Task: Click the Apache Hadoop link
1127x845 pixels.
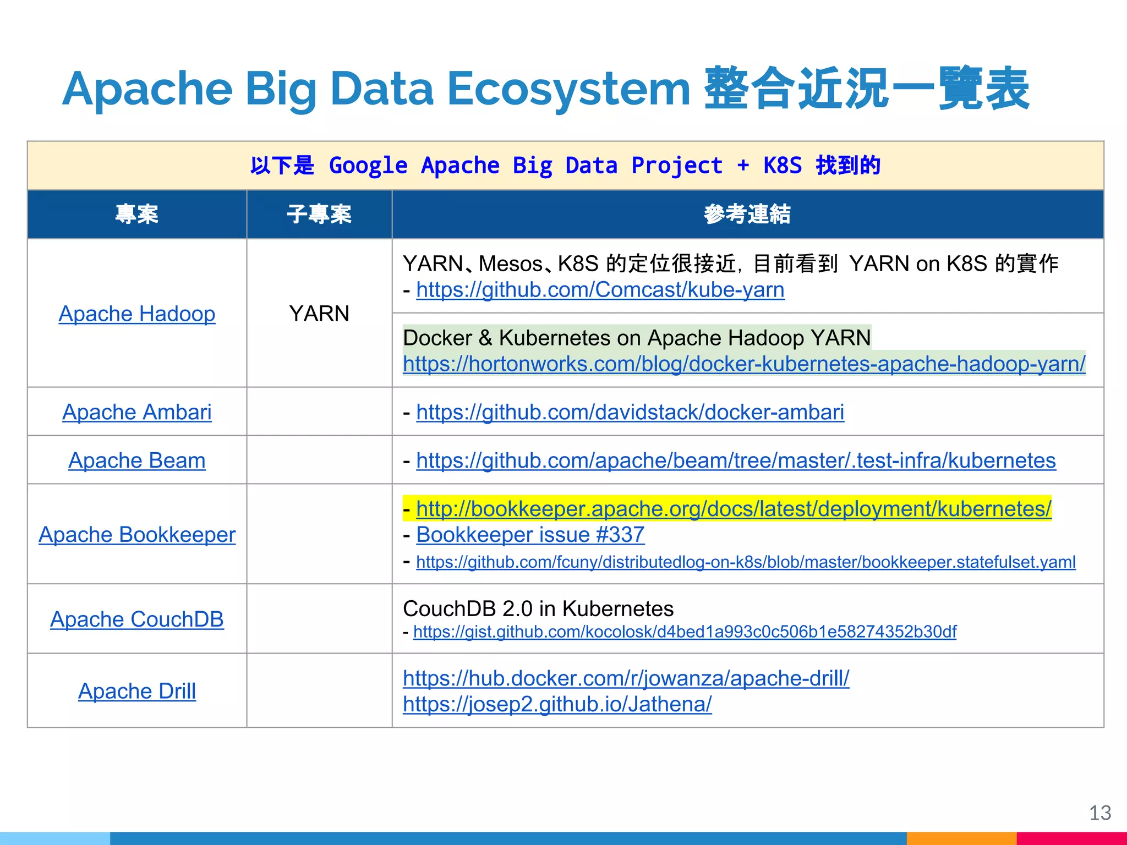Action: click(x=136, y=314)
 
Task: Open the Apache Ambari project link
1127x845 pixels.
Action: click(x=136, y=412)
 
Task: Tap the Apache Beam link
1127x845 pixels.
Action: click(x=136, y=460)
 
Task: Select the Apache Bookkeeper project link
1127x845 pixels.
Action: click(x=136, y=535)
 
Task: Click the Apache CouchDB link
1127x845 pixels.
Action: click(x=136, y=619)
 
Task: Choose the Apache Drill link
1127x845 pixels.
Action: click(x=136, y=691)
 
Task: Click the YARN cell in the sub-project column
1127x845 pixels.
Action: click(x=319, y=314)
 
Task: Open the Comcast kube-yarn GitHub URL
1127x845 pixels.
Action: click(x=600, y=290)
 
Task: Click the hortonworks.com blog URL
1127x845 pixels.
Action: click(x=744, y=364)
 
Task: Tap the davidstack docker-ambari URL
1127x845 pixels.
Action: click(x=630, y=412)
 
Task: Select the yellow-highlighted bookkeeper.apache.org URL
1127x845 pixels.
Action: click(x=734, y=509)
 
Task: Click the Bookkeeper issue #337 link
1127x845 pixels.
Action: click(x=530, y=535)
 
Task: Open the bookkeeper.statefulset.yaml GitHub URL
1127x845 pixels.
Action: click(x=746, y=562)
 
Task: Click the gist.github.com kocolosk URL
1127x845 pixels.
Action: click(x=685, y=632)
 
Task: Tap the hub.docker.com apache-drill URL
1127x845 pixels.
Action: click(x=626, y=678)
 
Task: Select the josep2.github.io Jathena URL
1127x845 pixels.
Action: click(x=557, y=704)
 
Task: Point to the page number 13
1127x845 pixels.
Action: click(x=1099, y=813)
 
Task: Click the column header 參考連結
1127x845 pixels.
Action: click(x=747, y=214)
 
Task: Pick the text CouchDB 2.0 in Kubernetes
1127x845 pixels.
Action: click(x=538, y=609)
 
